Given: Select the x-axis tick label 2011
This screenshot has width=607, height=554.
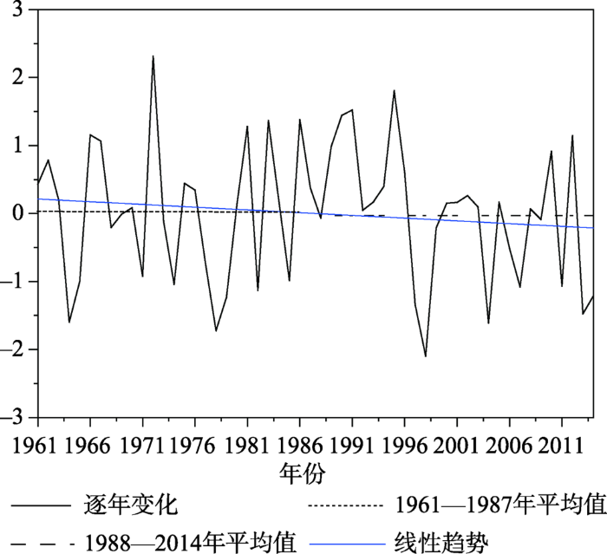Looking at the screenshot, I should pos(561,447).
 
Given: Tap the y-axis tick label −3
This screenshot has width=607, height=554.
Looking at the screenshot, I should pos(15,418).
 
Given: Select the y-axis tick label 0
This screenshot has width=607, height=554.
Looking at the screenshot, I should pos(19,213).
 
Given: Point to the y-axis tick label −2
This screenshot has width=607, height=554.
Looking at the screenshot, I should pos(15,349).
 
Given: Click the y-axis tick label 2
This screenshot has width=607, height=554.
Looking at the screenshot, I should pos(19,78).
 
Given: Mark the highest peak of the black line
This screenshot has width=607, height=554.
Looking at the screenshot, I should pos(153,56).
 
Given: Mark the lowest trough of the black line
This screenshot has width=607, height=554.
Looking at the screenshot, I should pos(426,356).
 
